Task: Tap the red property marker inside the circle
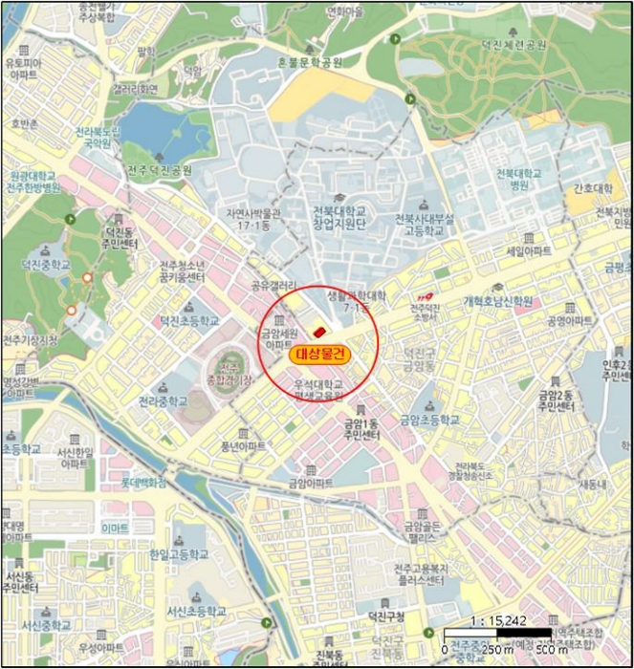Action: [319, 331]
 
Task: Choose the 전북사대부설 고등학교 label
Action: [426, 224]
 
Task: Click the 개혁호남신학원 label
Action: [497, 300]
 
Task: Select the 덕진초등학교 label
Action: [188, 321]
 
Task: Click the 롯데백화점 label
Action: [143, 484]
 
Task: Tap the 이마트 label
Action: [115, 527]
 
